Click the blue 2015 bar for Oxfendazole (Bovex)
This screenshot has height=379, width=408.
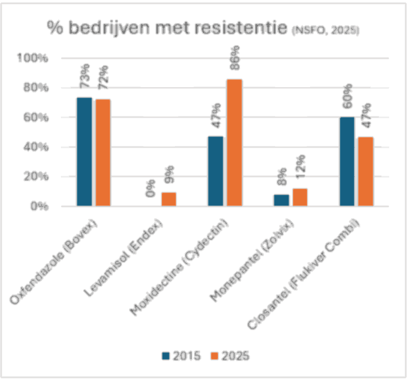point(84,151)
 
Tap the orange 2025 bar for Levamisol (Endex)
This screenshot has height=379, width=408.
point(168,199)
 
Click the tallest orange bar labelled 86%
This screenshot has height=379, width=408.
point(234,143)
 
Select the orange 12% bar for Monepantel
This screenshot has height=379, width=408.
point(299,198)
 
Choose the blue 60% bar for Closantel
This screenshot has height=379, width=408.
point(347,161)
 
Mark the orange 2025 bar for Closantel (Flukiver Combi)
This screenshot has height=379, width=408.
point(365,171)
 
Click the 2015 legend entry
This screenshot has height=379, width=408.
point(182,355)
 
